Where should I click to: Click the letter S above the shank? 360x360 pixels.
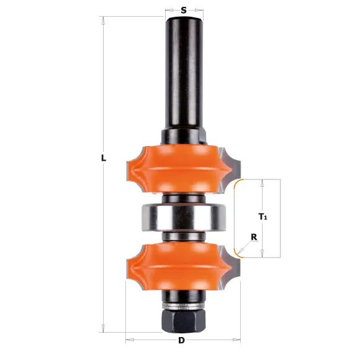(x=184, y=11)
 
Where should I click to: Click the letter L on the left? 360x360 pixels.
(x=104, y=158)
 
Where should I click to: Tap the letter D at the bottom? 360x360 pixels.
(x=181, y=340)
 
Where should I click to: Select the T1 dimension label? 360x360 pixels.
(x=263, y=217)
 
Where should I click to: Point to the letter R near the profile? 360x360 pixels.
(x=254, y=237)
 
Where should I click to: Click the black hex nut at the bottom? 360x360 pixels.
(x=184, y=320)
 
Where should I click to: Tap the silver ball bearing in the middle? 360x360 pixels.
(x=184, y=217)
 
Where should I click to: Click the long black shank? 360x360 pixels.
(x=184, y=73)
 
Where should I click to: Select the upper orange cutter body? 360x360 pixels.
(x=179, y=168)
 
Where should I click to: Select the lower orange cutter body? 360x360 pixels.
(x=179, y=266)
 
